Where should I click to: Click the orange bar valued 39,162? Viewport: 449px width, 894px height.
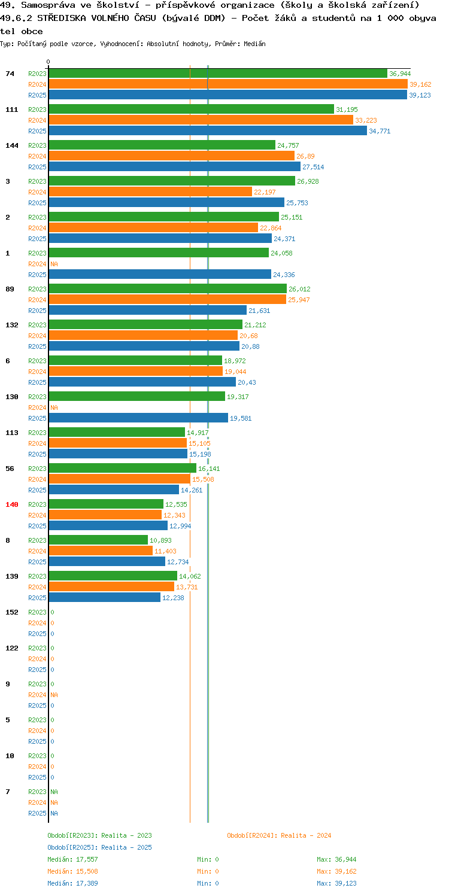228,84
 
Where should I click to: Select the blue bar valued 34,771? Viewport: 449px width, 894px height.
208,131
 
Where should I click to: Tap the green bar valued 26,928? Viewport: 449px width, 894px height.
172,181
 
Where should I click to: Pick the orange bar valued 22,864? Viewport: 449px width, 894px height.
153,228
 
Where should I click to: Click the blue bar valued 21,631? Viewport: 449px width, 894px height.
148,311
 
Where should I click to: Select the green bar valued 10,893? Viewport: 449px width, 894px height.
98,540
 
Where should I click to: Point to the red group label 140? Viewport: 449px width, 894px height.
12,504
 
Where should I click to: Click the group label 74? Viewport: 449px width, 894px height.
10,74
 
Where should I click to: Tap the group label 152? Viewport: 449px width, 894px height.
12,612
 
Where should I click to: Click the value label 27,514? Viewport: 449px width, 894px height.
313,167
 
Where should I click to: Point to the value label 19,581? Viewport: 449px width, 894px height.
241,418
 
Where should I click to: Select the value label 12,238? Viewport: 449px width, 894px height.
173,598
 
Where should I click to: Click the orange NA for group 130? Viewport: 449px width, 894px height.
54,408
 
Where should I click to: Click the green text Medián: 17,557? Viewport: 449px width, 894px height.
72,859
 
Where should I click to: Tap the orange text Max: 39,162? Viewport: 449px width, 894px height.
336,871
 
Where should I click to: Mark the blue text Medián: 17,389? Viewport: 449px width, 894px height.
72,883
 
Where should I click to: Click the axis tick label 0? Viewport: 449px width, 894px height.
48,62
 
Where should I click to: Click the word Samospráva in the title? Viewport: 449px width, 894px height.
48,5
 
